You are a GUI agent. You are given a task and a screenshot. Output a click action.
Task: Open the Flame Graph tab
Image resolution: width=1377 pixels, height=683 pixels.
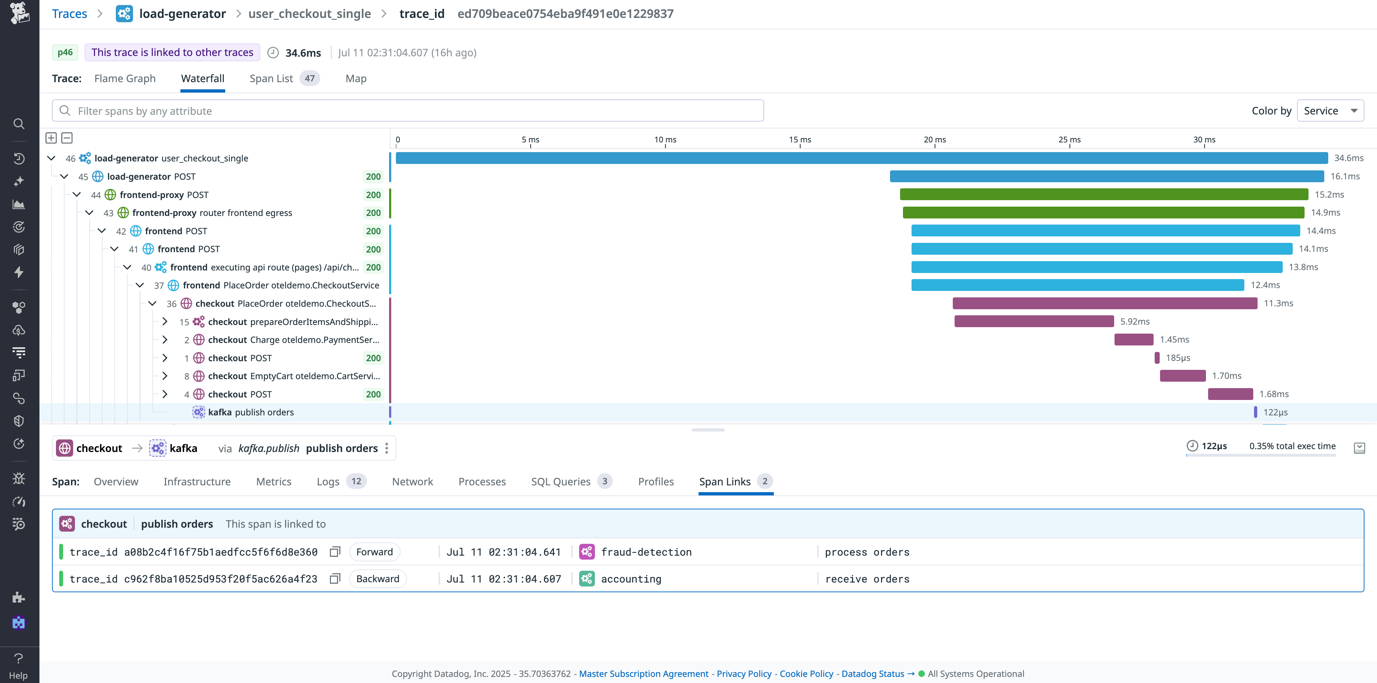(124, 79)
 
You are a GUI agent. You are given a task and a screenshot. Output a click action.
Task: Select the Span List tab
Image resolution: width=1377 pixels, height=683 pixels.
(271, 79)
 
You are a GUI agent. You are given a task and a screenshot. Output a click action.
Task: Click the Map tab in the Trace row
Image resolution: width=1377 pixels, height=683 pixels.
(355, 79)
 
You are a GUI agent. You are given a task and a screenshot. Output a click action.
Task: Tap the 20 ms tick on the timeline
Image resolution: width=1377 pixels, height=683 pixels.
(934, 140)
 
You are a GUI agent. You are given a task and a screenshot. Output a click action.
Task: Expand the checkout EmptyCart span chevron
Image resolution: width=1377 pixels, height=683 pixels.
(165, 376)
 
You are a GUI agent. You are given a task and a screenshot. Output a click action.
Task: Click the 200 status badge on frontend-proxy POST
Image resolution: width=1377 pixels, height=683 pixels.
(373, 195)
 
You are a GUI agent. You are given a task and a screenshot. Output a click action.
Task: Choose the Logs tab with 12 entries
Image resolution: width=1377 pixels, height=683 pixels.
(328, 481)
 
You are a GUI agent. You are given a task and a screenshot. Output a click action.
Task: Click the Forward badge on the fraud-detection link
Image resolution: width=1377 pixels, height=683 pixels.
(374, 552)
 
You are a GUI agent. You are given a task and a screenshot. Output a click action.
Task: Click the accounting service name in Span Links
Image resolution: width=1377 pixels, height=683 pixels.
(631, 579)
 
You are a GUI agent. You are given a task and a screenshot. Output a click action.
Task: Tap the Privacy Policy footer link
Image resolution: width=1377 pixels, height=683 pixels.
(744, 674)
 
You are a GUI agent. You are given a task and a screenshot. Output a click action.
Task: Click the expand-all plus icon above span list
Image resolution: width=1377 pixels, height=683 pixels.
(51, 138)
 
